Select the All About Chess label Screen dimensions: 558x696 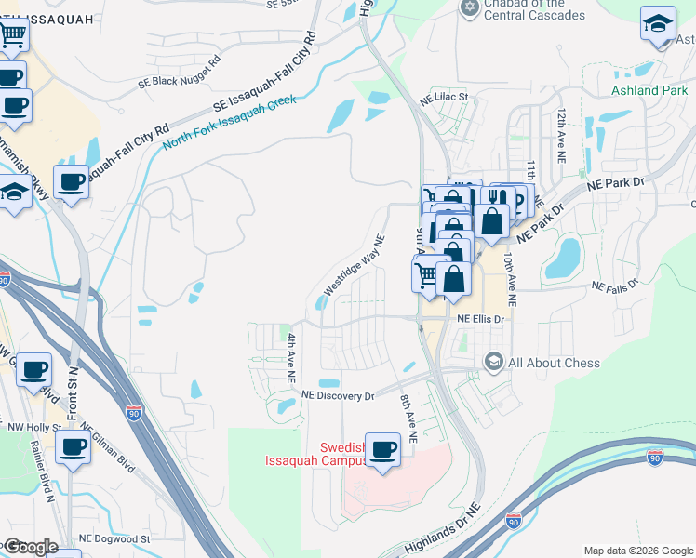555,362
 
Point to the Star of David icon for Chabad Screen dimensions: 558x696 469,8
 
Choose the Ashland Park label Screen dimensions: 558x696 649,90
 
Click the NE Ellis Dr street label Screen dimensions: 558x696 480,318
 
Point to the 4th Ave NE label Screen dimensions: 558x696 291,359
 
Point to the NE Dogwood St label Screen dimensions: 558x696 114,538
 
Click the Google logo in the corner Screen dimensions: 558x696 30,547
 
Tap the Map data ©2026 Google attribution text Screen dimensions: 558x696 637,551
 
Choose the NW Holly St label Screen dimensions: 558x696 33,428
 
